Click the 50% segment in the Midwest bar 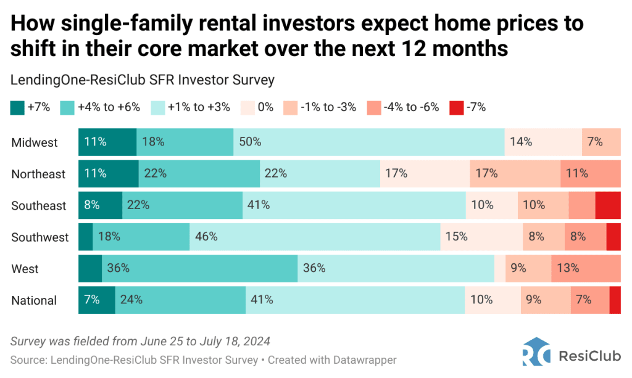[x=368, y=142]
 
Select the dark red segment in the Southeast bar [x=608, y=205]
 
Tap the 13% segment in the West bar [x=585, y=269]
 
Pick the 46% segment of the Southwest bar [x=315, y=237]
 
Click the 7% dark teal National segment [x=96, y=300]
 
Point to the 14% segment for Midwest [x=543, y=142]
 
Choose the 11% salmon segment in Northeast [x=590, y=174]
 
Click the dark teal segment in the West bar [x=90, y=269]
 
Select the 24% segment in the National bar [x=180, y=300]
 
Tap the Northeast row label [x=38, y=175]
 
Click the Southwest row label [x=40, y=237]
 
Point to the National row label [x=34, y=301]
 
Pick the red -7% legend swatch [x=456, y=107]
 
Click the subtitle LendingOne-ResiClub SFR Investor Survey [x=143, y=80]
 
